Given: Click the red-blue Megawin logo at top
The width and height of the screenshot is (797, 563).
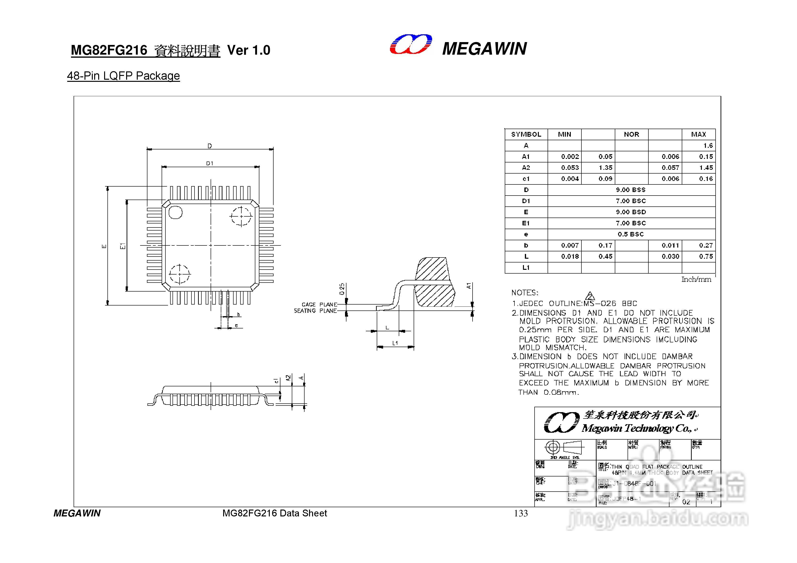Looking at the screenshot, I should pos(411,44).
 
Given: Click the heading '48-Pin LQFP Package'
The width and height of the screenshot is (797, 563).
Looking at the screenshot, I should pos(123,76).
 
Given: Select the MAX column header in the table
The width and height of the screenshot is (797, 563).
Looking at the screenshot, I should pos(698,134).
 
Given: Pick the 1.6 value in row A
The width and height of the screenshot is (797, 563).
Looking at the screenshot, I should pos(708,146).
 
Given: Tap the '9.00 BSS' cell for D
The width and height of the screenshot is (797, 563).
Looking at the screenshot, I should pos(630,190).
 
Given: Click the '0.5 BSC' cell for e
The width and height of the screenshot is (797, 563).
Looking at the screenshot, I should pos(630,234).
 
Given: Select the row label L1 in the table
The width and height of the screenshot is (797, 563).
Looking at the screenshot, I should pos(526,267).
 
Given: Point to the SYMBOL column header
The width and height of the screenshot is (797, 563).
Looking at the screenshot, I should pos(526,134).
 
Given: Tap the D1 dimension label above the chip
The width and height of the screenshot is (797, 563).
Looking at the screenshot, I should pos(210,163).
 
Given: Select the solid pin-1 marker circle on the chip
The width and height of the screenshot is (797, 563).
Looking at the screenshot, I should pos(176,212).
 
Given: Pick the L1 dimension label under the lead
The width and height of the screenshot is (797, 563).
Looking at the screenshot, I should pos(395,343).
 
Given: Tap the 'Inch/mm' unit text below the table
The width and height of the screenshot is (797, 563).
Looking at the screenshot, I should pos(696,279).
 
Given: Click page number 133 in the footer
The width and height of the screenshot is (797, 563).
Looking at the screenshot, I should pos(521,513).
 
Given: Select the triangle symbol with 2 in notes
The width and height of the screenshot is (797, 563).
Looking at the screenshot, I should pos(590,297).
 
